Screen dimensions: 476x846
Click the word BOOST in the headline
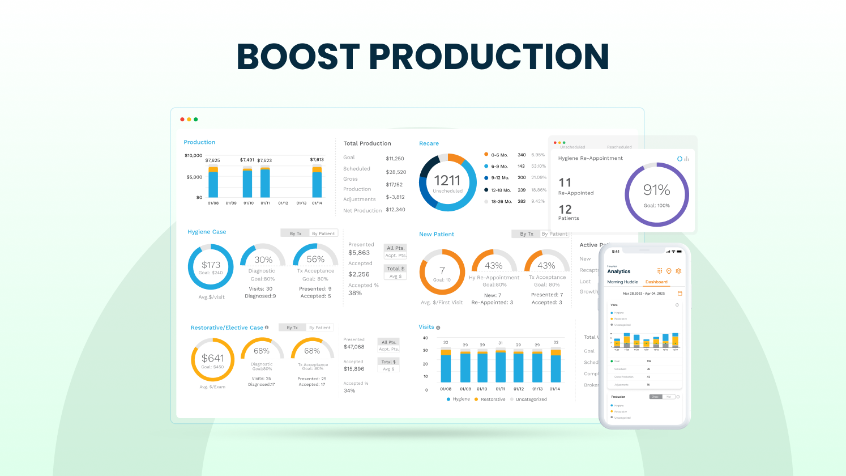[298, 57]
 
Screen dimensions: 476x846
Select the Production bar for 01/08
[213, 182]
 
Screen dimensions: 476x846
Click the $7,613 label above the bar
[317, 160]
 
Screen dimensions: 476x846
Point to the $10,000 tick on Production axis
[193, 155]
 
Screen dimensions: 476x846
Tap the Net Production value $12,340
[395, 210]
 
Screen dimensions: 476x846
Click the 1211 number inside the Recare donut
[447, 181]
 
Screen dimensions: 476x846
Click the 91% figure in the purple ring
[656, 190]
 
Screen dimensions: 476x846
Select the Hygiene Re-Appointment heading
[590, 159]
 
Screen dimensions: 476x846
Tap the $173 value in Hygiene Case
[211, 265]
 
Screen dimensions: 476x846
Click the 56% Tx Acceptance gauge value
[315, 260]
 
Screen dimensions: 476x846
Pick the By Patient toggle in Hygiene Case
[323, 233]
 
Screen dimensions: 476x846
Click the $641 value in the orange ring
[212, 358]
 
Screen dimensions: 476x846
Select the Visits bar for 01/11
[501, 366]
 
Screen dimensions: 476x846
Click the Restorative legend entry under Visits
[490, 399]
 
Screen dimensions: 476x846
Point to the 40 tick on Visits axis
[425, 338]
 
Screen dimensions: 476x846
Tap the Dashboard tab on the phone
[656, 282]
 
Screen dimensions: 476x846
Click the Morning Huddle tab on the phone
[622, 282]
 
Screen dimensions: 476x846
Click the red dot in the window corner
[182, 120]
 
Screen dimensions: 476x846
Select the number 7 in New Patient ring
[442, 271]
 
